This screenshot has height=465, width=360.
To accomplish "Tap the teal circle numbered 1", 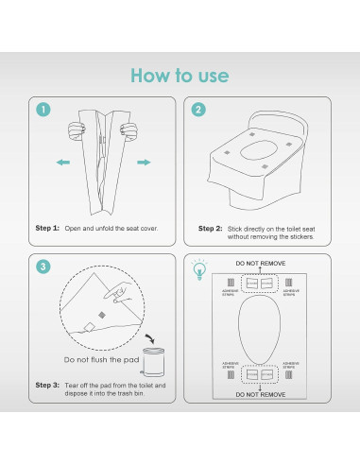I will point(43,111).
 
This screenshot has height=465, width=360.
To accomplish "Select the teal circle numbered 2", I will point(198,111).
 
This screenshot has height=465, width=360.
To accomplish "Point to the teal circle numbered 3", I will point(43,267).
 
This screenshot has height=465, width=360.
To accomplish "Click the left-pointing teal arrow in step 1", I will point(63,163).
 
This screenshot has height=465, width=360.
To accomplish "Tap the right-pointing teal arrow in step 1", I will point(144,163).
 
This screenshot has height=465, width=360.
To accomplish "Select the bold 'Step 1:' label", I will point(47,228).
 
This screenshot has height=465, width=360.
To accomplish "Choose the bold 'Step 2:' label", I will point(211,228).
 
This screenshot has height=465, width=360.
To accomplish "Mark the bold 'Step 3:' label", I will point(47,385).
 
